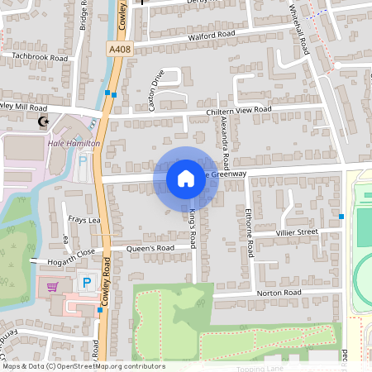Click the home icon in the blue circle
186,179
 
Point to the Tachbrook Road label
40,58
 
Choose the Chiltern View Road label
239,111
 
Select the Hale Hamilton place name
74,144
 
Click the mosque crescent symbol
43,122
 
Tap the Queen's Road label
150,248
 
